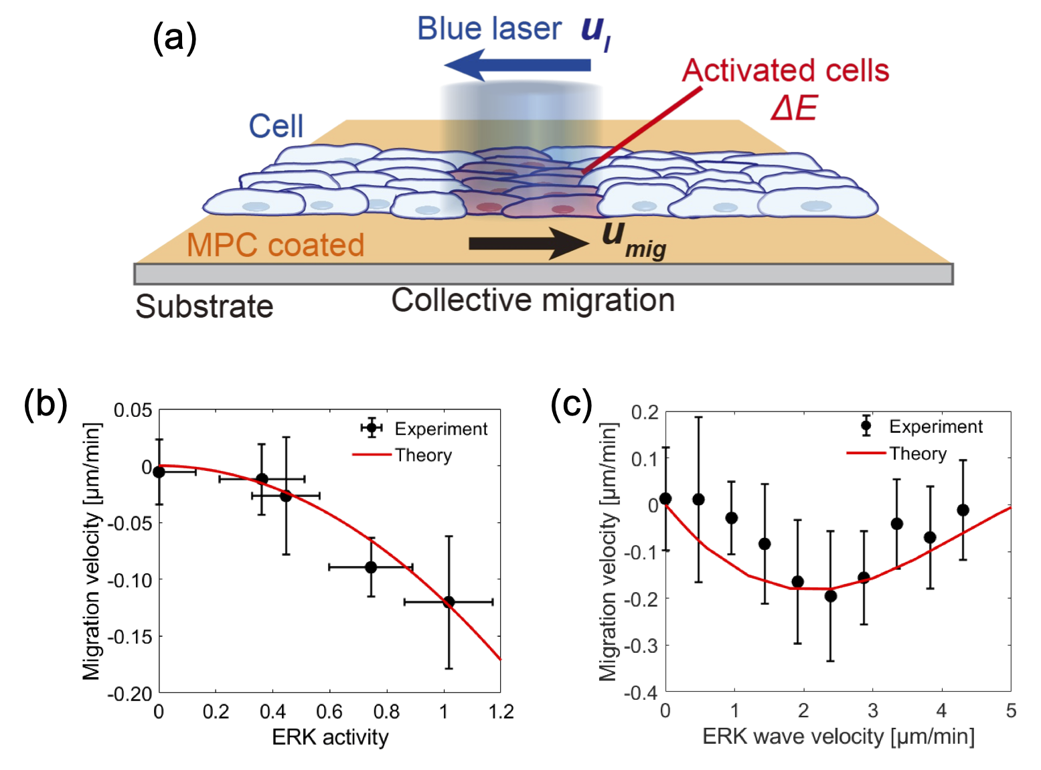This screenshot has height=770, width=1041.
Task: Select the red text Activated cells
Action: (785, 70)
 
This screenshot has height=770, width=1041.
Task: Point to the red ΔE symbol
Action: (794, 107)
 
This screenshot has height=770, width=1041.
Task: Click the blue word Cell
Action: (276, 126)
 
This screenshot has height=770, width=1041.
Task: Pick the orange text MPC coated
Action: (275, 245)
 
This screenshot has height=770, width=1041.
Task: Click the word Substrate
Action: (204, 307)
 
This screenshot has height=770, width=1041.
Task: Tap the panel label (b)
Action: (45, 405)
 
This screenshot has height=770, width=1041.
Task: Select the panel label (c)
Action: (571, 404)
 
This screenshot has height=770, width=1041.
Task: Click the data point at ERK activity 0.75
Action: (371, 567)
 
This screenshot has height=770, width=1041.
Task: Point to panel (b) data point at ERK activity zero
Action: (159, 472)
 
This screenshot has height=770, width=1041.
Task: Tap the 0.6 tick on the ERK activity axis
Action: (329, 711)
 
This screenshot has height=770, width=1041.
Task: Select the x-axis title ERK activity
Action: (330, 737)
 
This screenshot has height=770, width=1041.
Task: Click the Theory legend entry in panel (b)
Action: (423, 456)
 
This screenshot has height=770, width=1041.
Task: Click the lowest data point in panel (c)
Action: (830, 596)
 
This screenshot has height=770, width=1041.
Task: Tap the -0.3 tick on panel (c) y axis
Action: (641, 646)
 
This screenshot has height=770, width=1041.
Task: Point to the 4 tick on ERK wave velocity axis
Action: (941, 710)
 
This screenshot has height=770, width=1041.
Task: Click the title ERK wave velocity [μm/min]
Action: (838, 737)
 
